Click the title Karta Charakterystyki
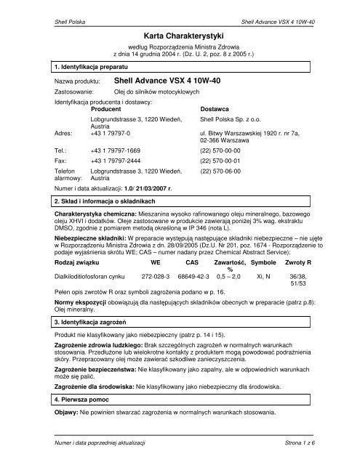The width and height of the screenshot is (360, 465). point(180,36)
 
